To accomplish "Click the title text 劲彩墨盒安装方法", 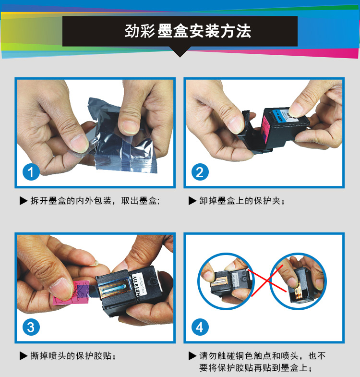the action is (x=188, y=31).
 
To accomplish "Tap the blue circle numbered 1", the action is (x=31, y=172).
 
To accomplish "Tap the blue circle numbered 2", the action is (x=200, y=172).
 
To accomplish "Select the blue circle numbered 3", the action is (x=31, y=327).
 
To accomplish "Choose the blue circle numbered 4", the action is (x=200, y=327).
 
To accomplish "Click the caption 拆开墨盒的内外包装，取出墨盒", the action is (x=95, y=201).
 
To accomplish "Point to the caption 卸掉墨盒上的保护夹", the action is (x=242, y=201).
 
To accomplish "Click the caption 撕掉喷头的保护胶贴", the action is (x=73, y=356).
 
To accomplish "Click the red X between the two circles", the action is (x=267, y=281).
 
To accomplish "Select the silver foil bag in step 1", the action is (x=122, y=136).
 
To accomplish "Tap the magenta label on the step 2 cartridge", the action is (x=266, y=128).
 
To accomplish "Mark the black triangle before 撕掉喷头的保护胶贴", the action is (x=24, y=356).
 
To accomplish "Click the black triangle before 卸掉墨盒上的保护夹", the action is (x=192, y=201).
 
